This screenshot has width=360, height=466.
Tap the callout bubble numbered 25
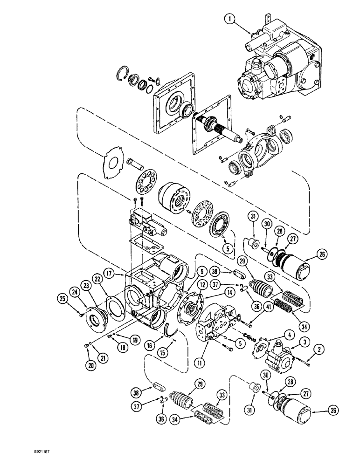(63, 297)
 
